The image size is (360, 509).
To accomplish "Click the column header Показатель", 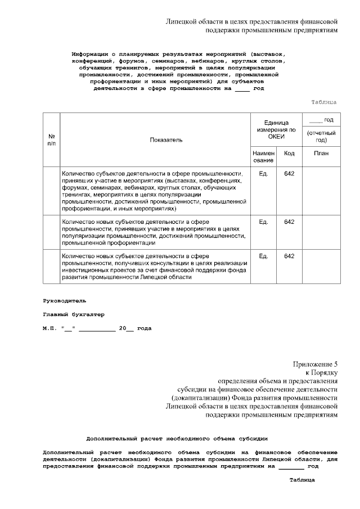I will [x=166, y=139].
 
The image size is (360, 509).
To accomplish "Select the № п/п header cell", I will [x=52, y=139].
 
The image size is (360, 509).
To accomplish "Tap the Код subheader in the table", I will [x=289, y=153].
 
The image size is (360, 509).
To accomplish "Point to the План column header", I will [x=321, y=153].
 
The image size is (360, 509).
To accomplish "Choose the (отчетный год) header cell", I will [x=321, y=137].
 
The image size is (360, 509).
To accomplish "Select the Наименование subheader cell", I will [x=263, y=156].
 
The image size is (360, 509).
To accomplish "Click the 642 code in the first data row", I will [x=289, y=174].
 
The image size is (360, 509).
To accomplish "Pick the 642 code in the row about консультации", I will [x=289, y=256].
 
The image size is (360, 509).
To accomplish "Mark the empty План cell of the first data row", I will [x=321, y=191].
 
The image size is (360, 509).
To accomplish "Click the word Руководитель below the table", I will [x=65, y=301].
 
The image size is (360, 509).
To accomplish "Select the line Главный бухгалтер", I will [x=74, y=314].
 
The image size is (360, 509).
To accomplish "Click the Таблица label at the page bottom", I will [x=302, y=480].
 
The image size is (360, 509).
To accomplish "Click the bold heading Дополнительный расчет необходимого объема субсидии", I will [x=177, y=438].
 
